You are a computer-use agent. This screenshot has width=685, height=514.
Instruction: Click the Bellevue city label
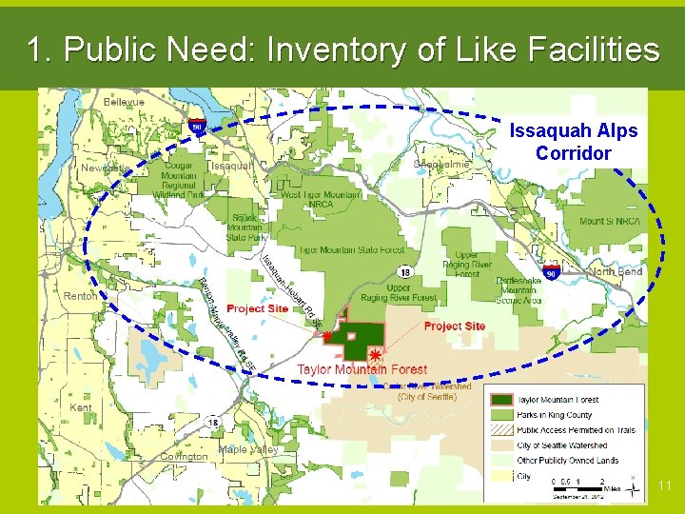click(x=124, y=102)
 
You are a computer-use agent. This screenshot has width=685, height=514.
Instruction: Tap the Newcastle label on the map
click(x=105, y=168)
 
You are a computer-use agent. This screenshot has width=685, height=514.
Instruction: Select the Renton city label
click(x=80, y=296)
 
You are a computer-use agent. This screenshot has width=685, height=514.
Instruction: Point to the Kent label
click(x=82, y=407)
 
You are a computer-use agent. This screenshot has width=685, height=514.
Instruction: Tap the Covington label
click(x=185, y=457)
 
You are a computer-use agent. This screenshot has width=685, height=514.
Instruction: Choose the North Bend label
click(x=616, y=271)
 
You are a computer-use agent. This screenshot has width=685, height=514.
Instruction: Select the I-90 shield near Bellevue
click(x=197, y=126)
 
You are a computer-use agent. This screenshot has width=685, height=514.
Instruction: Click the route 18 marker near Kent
click(x=213, y=423)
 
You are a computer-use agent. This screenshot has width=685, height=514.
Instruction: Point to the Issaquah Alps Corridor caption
click(x=573, y=141)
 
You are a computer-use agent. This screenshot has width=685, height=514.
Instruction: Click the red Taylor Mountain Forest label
click(x=362, y=369)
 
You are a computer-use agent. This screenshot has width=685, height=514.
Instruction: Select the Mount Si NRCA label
click(x=610, y=222)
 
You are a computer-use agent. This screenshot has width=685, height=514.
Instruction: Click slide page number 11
click(x=664, y=486)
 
